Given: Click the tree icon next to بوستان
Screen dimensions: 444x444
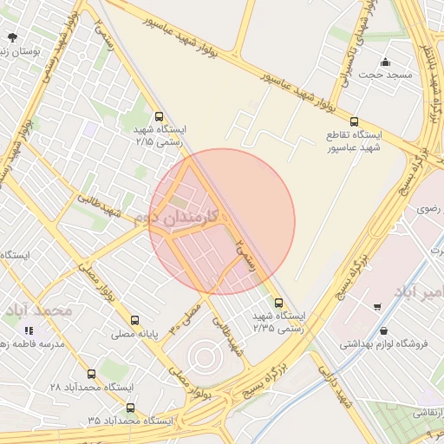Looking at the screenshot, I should click(11, 37).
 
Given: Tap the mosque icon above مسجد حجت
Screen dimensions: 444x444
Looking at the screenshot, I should click(386, 62).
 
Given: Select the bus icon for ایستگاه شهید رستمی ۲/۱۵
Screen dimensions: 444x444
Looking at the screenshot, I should click(158, 116).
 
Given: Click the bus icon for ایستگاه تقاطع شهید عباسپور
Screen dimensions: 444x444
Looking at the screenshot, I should click(353, 122).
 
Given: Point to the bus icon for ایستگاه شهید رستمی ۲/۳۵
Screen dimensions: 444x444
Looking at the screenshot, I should click(278, 303).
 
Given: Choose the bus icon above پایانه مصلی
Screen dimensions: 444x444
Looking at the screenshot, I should click(134, 320).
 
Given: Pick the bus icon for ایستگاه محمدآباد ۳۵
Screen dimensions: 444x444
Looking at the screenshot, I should click(130, 408).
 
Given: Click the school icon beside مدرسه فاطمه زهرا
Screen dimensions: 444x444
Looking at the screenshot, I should click(28, 330).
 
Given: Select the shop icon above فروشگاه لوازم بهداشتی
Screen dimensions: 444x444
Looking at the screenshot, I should click(383, 330).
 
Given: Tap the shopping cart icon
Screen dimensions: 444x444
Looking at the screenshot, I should click(377, 306).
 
